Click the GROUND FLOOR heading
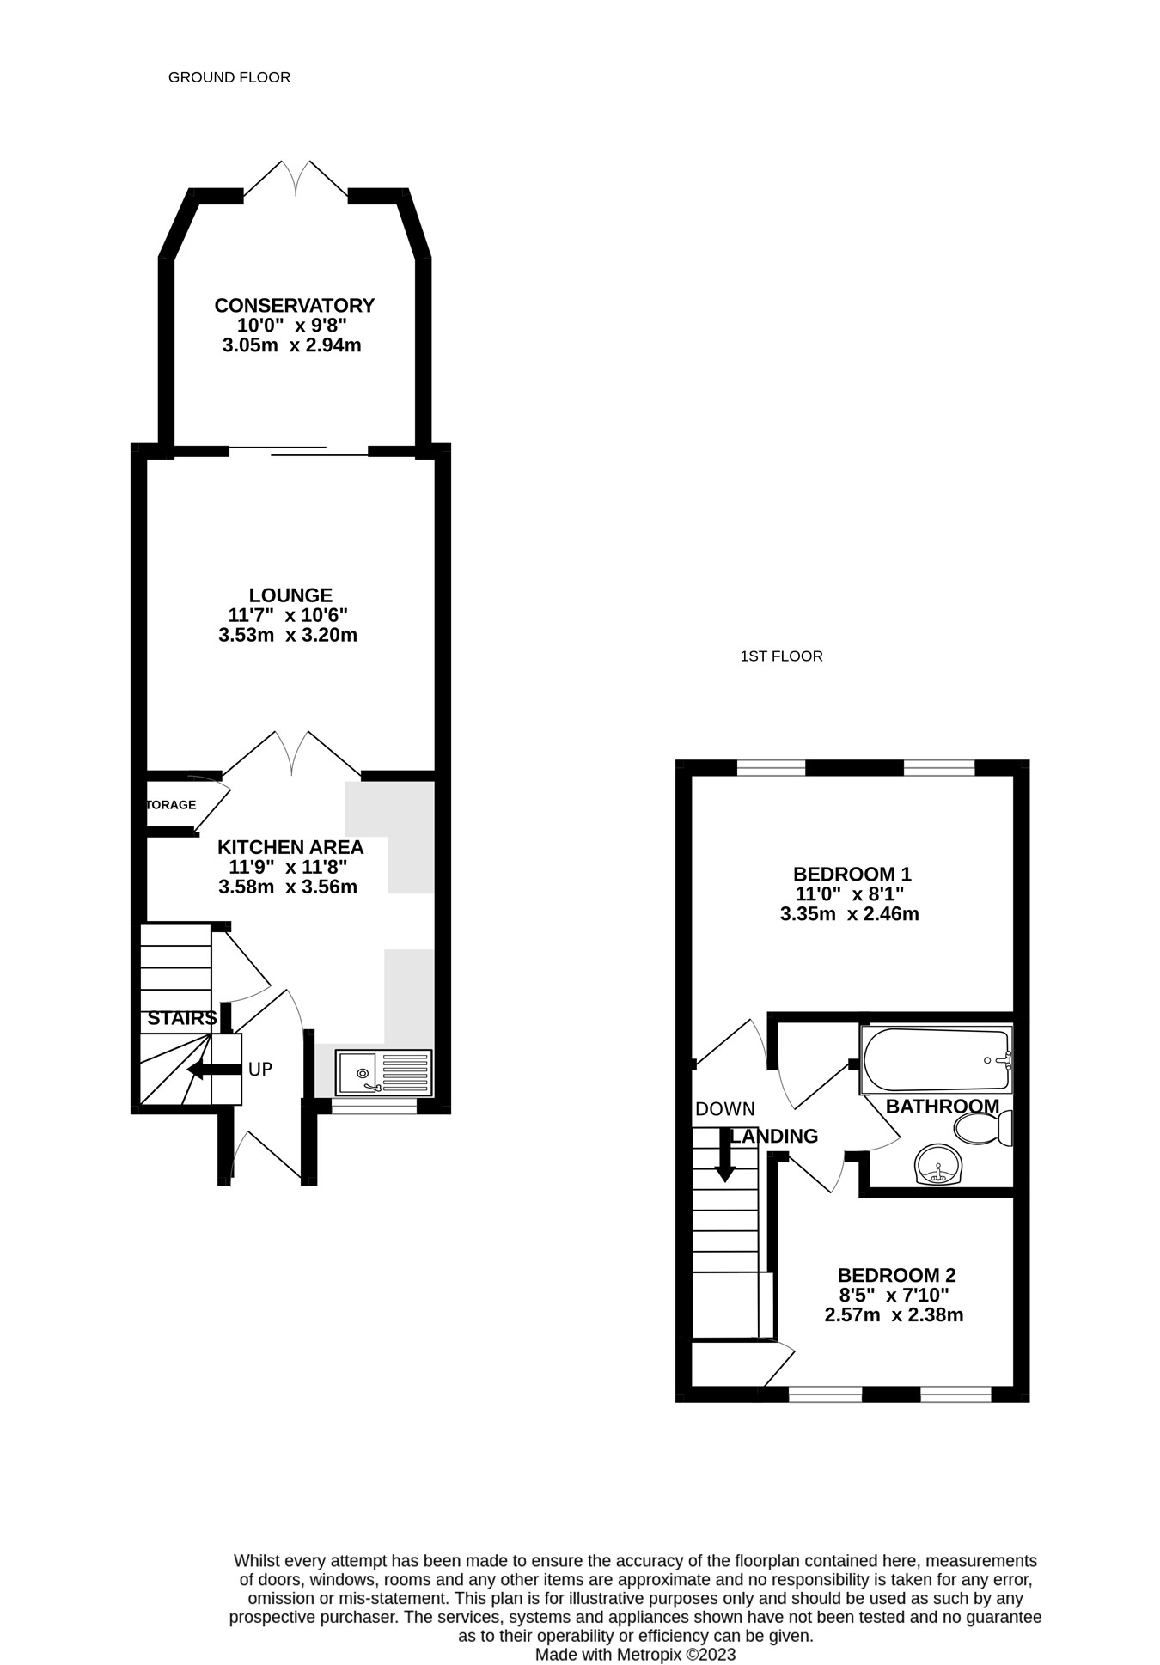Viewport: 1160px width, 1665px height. (x=229, y=77)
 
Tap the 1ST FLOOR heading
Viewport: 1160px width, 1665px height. (x=781, y=656)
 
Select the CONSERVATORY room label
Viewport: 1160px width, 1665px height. (x=294, y=306)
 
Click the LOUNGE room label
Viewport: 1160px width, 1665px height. (x=290, y=595)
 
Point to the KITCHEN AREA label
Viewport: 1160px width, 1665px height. (x=290, y=847)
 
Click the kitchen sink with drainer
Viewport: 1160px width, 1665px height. (x=383, y=1072)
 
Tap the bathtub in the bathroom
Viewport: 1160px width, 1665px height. (x=937, y=1059)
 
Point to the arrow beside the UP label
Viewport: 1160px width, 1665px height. (x=214, y=1070)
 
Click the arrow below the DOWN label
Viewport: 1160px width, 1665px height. (x=725, y=1154)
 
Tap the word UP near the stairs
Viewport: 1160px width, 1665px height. (x=260, y=1070)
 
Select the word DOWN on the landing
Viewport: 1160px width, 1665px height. (x=725, y=1110)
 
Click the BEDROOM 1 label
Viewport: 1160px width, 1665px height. (x=852, y=875)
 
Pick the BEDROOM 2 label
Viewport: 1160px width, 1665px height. (x=896, y=1276)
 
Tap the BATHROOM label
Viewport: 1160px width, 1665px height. (x=943, y=1107)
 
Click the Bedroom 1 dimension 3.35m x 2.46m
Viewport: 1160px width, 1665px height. (x=849, y=914)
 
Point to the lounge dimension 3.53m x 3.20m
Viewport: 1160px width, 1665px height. (x=288, y=636)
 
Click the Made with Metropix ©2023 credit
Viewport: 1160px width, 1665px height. (x=636, y=1655)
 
